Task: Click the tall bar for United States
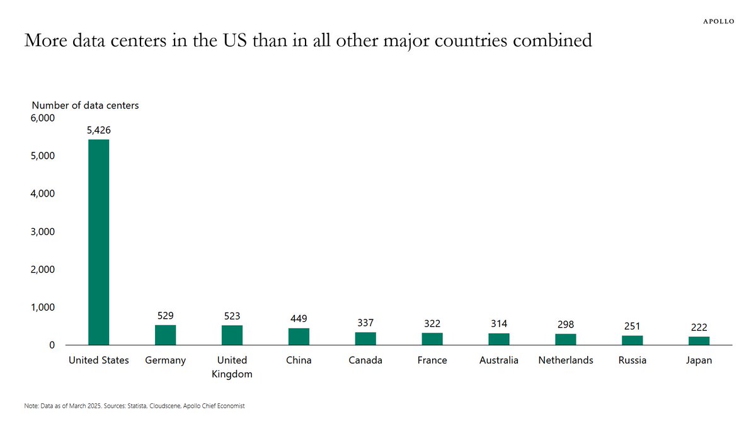(98, 242)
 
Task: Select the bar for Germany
(165, 335)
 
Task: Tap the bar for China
(299, 336)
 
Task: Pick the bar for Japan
(699, 341)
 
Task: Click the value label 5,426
(98, 130)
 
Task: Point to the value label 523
(232, 316)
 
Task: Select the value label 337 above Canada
(365, 323)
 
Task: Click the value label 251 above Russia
(632, 326)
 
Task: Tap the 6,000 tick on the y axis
(43, 118)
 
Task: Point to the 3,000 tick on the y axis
(43, 231)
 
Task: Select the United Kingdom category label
(232, 367)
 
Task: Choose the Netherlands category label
(566, 360)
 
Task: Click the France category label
(432, 360)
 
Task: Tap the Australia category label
(499, 360)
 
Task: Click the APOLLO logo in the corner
(718, 21)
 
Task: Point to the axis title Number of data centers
(85, 105)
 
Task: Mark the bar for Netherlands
(565, 340)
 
